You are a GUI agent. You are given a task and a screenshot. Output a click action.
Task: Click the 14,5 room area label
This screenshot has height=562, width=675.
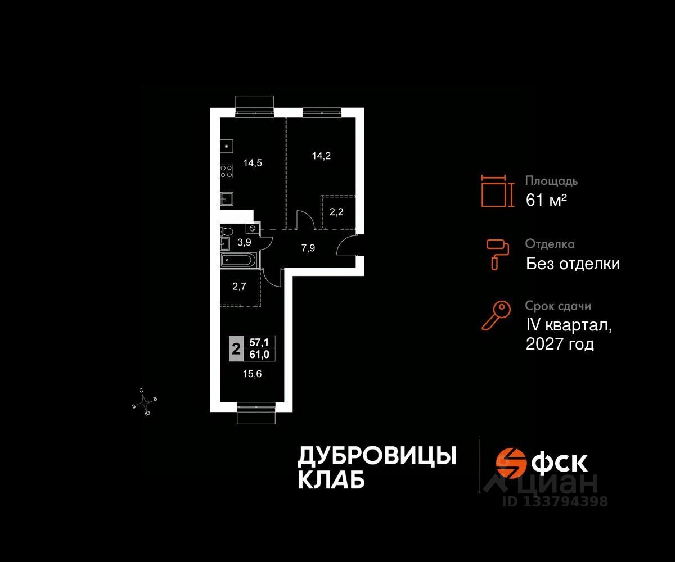point(253,163)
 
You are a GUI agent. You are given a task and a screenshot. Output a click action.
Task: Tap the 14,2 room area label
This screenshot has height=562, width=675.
point(321,156)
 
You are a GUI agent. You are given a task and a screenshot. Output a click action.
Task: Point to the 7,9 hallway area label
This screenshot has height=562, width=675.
point(308,247)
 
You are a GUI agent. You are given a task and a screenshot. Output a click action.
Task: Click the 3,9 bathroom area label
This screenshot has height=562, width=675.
point(244,242)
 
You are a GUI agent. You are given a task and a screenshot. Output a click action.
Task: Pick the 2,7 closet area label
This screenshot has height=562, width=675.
point(240,285)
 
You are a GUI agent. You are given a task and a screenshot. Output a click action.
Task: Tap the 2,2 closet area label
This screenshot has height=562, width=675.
point(336,212)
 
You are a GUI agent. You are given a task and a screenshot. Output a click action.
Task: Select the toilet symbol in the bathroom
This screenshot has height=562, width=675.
point(227,231)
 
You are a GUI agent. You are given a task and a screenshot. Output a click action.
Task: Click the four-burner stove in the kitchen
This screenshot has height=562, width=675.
point(227,171)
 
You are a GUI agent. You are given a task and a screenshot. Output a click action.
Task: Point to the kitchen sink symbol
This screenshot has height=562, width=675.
point(227,198)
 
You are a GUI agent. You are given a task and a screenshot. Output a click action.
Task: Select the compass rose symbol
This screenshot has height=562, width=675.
point(145,401)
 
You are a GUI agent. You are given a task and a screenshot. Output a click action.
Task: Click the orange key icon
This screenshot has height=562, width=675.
point(496,315)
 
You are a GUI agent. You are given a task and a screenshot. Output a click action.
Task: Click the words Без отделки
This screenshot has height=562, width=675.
point(573,263)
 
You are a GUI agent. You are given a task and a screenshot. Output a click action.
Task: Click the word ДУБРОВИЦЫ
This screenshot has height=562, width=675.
point(376,456)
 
